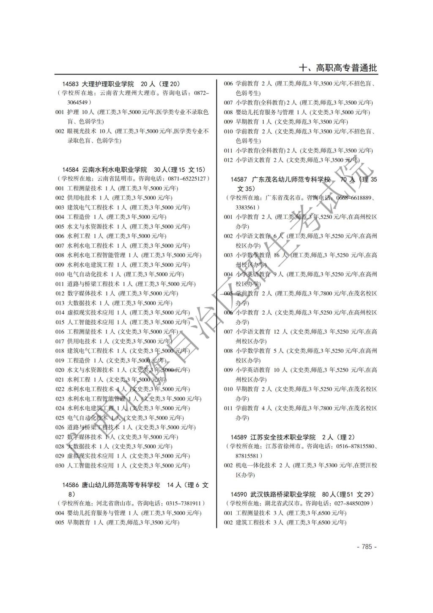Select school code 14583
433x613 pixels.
pos(70,84)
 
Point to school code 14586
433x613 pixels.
pos(70,485)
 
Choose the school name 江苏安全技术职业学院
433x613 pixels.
pos(283,437)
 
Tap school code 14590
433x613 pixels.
pos(238,494)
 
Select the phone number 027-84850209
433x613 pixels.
pos(352,503)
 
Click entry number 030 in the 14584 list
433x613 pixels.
pos(60,465)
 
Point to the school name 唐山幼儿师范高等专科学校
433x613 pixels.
pos(121,485)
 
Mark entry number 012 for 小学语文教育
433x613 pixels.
pos(228,160)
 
